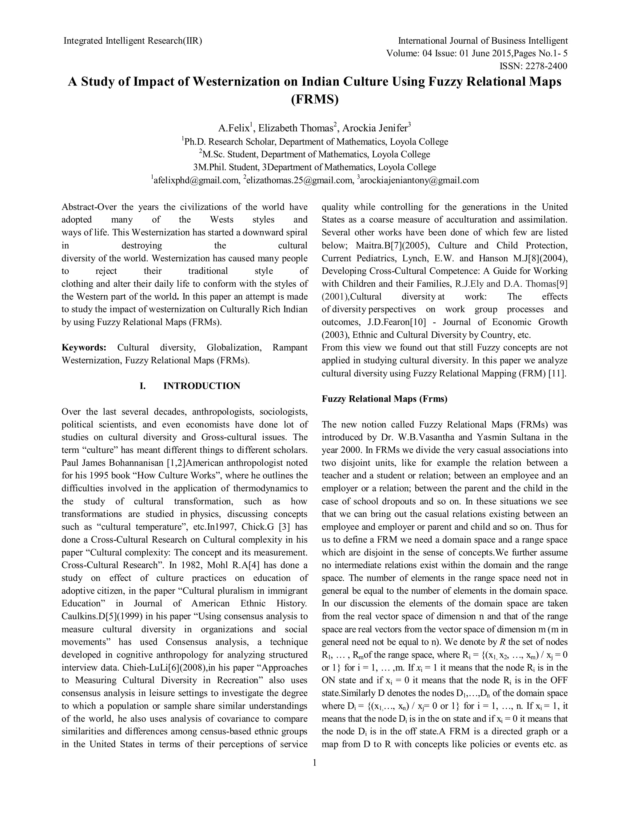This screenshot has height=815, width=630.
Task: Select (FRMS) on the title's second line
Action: pyautogui.click(x=315, y=100)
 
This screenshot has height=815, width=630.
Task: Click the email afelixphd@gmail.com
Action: pyautogui.click(x=196, y=181)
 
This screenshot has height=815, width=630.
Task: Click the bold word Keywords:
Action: pyautogui.click(x=84, y=348)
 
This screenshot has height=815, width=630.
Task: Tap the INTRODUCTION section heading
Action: pyautogui.click(x=201, y=386)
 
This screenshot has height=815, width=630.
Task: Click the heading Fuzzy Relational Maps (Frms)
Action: pyautogui.click(x=385, y=399)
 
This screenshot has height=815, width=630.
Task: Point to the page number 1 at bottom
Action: pyautogui.click(x=314, y=763)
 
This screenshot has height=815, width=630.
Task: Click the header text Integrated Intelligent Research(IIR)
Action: pyautogui.click(x=133, y=41)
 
